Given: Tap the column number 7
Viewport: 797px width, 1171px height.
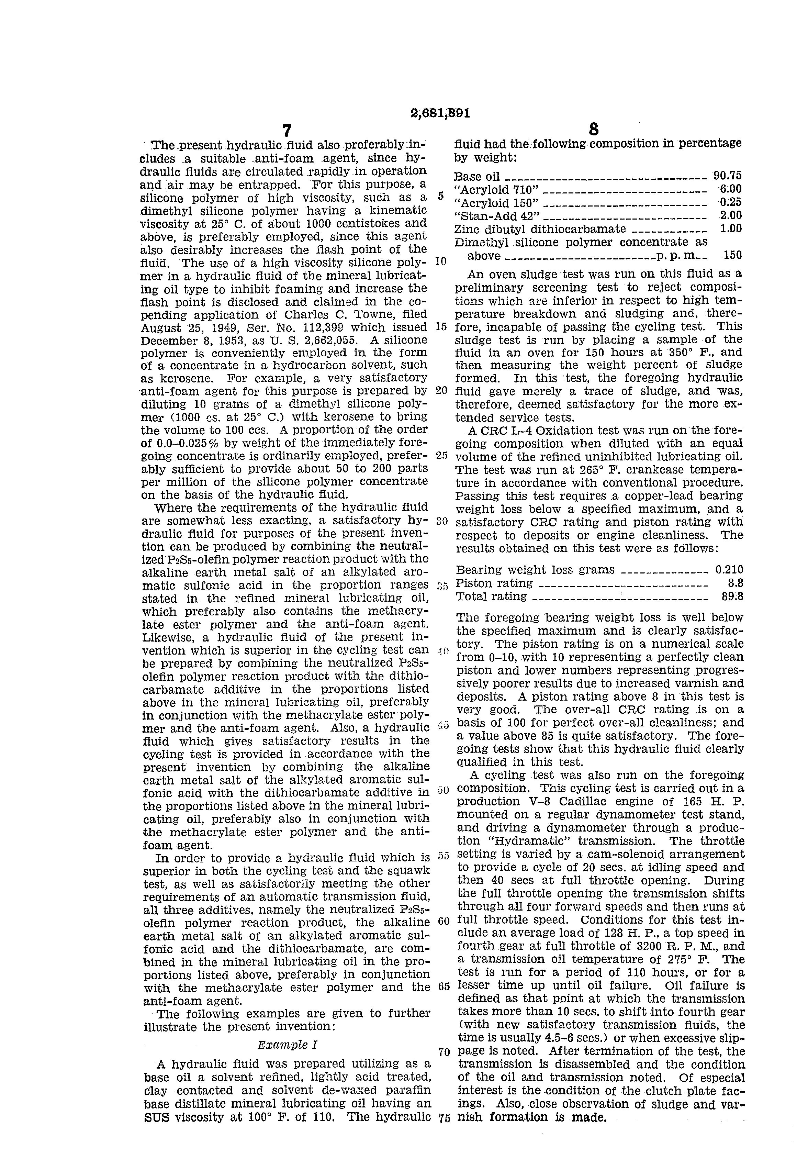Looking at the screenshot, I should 286,131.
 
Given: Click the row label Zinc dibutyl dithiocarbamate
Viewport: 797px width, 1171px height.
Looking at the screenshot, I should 540,229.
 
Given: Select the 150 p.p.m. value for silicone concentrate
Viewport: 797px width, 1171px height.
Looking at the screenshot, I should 732,255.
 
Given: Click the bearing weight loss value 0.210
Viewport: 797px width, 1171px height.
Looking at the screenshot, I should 729,570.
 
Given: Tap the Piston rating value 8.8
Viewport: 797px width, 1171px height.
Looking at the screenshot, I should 736,583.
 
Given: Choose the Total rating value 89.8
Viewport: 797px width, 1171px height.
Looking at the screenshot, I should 732,596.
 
